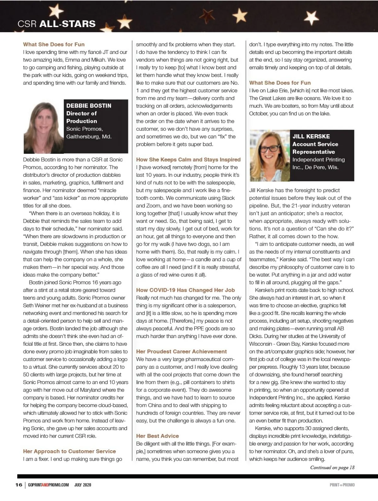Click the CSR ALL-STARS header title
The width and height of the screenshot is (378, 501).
tap(57, 24)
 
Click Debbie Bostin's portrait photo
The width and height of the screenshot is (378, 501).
tap(43, 127)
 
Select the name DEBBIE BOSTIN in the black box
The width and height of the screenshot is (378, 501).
tap(89, 106)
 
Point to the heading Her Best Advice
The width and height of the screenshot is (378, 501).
tap(157, 436)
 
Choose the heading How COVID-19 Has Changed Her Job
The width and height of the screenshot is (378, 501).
tap(185, 290)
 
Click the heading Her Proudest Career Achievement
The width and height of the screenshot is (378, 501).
tap(181, 352)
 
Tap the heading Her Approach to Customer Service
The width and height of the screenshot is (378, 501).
tap(69, 452)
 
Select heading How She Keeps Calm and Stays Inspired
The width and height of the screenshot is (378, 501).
tap(188, 160)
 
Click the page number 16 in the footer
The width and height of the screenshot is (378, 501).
tap(19, 485)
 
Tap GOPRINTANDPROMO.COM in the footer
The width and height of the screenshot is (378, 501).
tap(48, 485)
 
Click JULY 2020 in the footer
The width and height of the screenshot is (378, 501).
tap(83, 485)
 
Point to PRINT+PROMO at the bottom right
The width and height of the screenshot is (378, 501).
tap(342, 485)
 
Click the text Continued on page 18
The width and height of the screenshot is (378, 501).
tap(332, 468)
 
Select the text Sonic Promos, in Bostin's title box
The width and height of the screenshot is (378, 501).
tap(84, 129)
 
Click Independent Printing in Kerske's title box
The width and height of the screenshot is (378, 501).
tap(318, 160)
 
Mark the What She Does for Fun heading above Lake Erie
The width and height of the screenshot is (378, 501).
tap(280, 83)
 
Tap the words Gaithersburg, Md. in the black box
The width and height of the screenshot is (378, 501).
tap(89, 137)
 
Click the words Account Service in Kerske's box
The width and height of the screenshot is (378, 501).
tap(315, 144)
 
